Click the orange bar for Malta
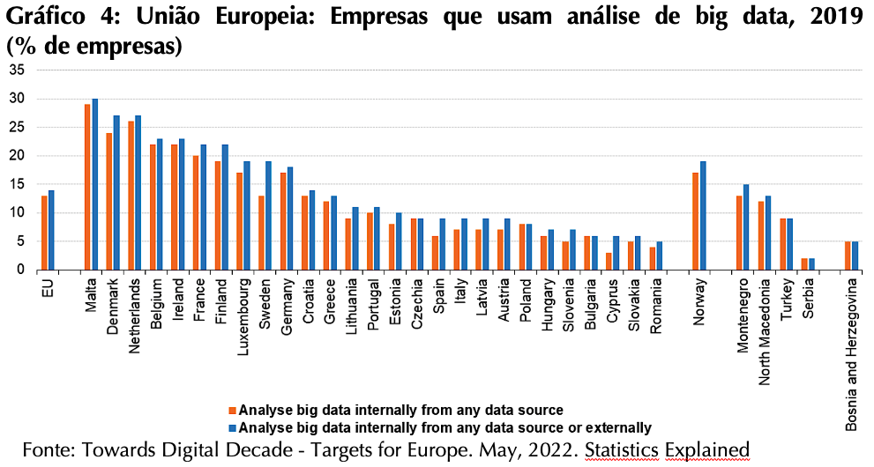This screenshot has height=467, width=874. (87, 187)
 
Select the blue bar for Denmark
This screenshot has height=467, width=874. (116, 193)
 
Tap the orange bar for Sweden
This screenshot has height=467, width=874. (261, 233)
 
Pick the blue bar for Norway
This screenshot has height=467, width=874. (702, 215)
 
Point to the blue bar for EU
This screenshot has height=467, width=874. (51, 230)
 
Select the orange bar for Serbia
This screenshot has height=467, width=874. (804, 263)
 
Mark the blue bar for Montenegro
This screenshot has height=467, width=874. (746, 227)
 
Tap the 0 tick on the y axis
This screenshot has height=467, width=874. (22, 270)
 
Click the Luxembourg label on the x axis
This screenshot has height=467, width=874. (243, 309)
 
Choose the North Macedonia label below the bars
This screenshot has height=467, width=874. (764, 332)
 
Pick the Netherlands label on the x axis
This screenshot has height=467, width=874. (134, 316)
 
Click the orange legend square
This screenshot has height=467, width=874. (233, 411)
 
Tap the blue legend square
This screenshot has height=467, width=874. (233, 428)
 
